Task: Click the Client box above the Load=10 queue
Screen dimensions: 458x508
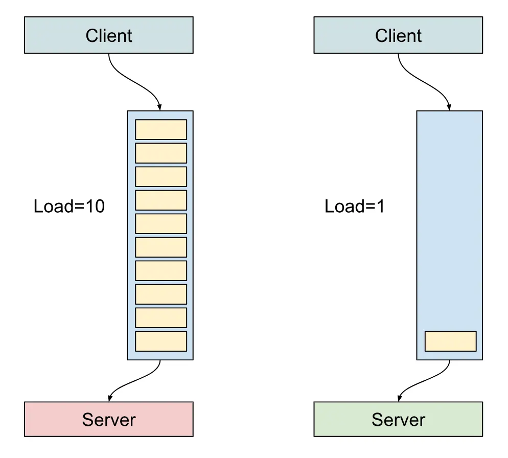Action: pyautogui.click(x=108, y=35)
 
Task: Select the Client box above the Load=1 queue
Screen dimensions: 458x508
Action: pyautogui.click(x=398, y=35)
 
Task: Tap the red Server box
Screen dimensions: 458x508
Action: pyautogui.click(x=108, y=419)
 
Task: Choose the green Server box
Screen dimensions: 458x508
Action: pyautogui.click(x=398, y=419)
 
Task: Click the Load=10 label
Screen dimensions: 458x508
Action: pyautogui.click(x=69, y=207)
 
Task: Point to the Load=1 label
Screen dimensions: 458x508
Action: pyautogui.click(x=355, y=207)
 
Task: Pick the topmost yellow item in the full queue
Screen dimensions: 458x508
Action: pyautogui.click(x=160, y=129)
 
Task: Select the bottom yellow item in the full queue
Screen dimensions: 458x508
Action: pyautogui.click(x=160, y=341)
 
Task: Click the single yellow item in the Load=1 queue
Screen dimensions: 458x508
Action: pyautogui.click(x=450, y=341)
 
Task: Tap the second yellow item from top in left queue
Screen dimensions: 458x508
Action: pyautogui.click(x=160, y=153)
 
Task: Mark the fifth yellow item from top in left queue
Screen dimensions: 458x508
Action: pyautogui.click(x=160, y=223)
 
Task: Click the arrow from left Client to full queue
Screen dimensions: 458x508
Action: pyautogui.click(x=134, y=82)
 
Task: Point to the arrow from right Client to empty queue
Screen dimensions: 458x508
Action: pyautogui.click(x=424, y=82)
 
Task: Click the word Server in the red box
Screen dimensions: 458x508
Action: pyautogui.click(x=108, y=420)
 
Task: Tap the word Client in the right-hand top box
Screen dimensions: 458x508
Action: pyautogui.click(x=398, y=36)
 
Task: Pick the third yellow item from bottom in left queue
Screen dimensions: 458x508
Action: pyautogui.click(x=160, y=294)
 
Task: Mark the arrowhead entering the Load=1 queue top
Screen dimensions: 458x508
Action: pyautogui.click(x=449, y=107)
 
